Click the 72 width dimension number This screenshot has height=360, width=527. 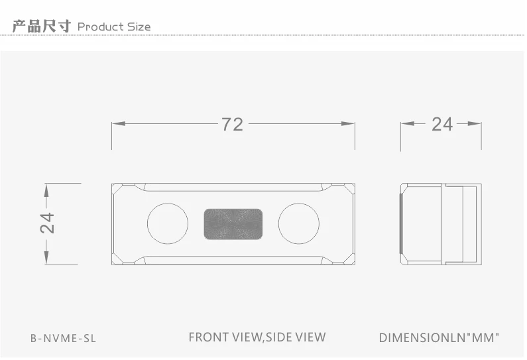232,125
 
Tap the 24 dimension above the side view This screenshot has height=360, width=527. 442,124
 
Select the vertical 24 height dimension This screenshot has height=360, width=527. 47,223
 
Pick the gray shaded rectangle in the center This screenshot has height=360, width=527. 233,224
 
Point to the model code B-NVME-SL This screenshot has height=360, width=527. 63,338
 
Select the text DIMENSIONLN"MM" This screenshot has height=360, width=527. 439,337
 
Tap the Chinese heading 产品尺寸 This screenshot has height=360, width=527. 42,27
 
